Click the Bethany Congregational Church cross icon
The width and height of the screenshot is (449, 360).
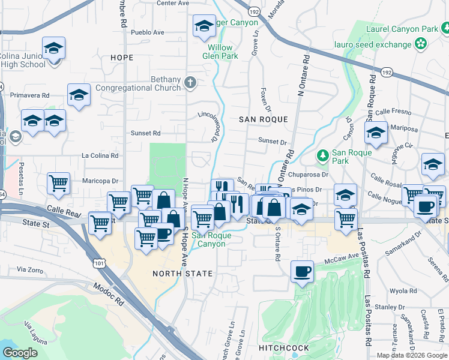coord(190,82)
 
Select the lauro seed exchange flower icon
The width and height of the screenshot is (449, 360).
coord(421,44)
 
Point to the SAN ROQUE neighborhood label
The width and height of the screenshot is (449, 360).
coord(264,119)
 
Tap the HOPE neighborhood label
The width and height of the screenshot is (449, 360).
coord(122,58)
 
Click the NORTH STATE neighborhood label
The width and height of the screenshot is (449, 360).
coord(182,274)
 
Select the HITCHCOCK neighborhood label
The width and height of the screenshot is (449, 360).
coord(283,348)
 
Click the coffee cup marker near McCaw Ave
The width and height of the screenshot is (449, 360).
coord(302,271)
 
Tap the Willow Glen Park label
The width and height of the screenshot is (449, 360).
coord(223,52)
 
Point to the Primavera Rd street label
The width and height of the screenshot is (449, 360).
coord(29,95)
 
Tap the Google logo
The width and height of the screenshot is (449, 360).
coord(20,353)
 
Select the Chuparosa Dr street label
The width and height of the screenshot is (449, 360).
coord(309,175)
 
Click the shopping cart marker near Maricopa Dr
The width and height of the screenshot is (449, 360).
coord(58,183)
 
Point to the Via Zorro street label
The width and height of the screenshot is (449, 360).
coord(30,270)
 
